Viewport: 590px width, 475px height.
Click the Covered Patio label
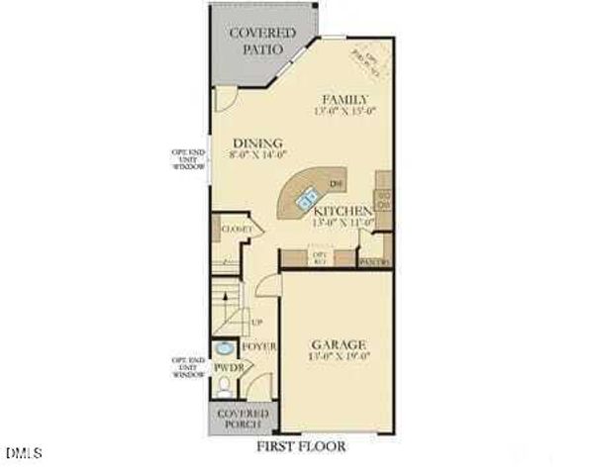[262, 41]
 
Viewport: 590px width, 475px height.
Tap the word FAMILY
[345, 99]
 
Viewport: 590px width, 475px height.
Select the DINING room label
[257, 142]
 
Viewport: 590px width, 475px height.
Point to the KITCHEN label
[342, 211]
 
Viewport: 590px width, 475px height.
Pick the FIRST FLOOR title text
[301, 446]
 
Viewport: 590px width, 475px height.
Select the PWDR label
[227, 367]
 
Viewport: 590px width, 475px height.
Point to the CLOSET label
[236, 229]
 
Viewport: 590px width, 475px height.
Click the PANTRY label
[374, 261]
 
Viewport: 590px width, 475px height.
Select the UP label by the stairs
[257, 323]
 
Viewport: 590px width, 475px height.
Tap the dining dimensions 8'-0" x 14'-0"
[257, 154]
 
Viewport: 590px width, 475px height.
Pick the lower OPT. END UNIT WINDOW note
[188, 367]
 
